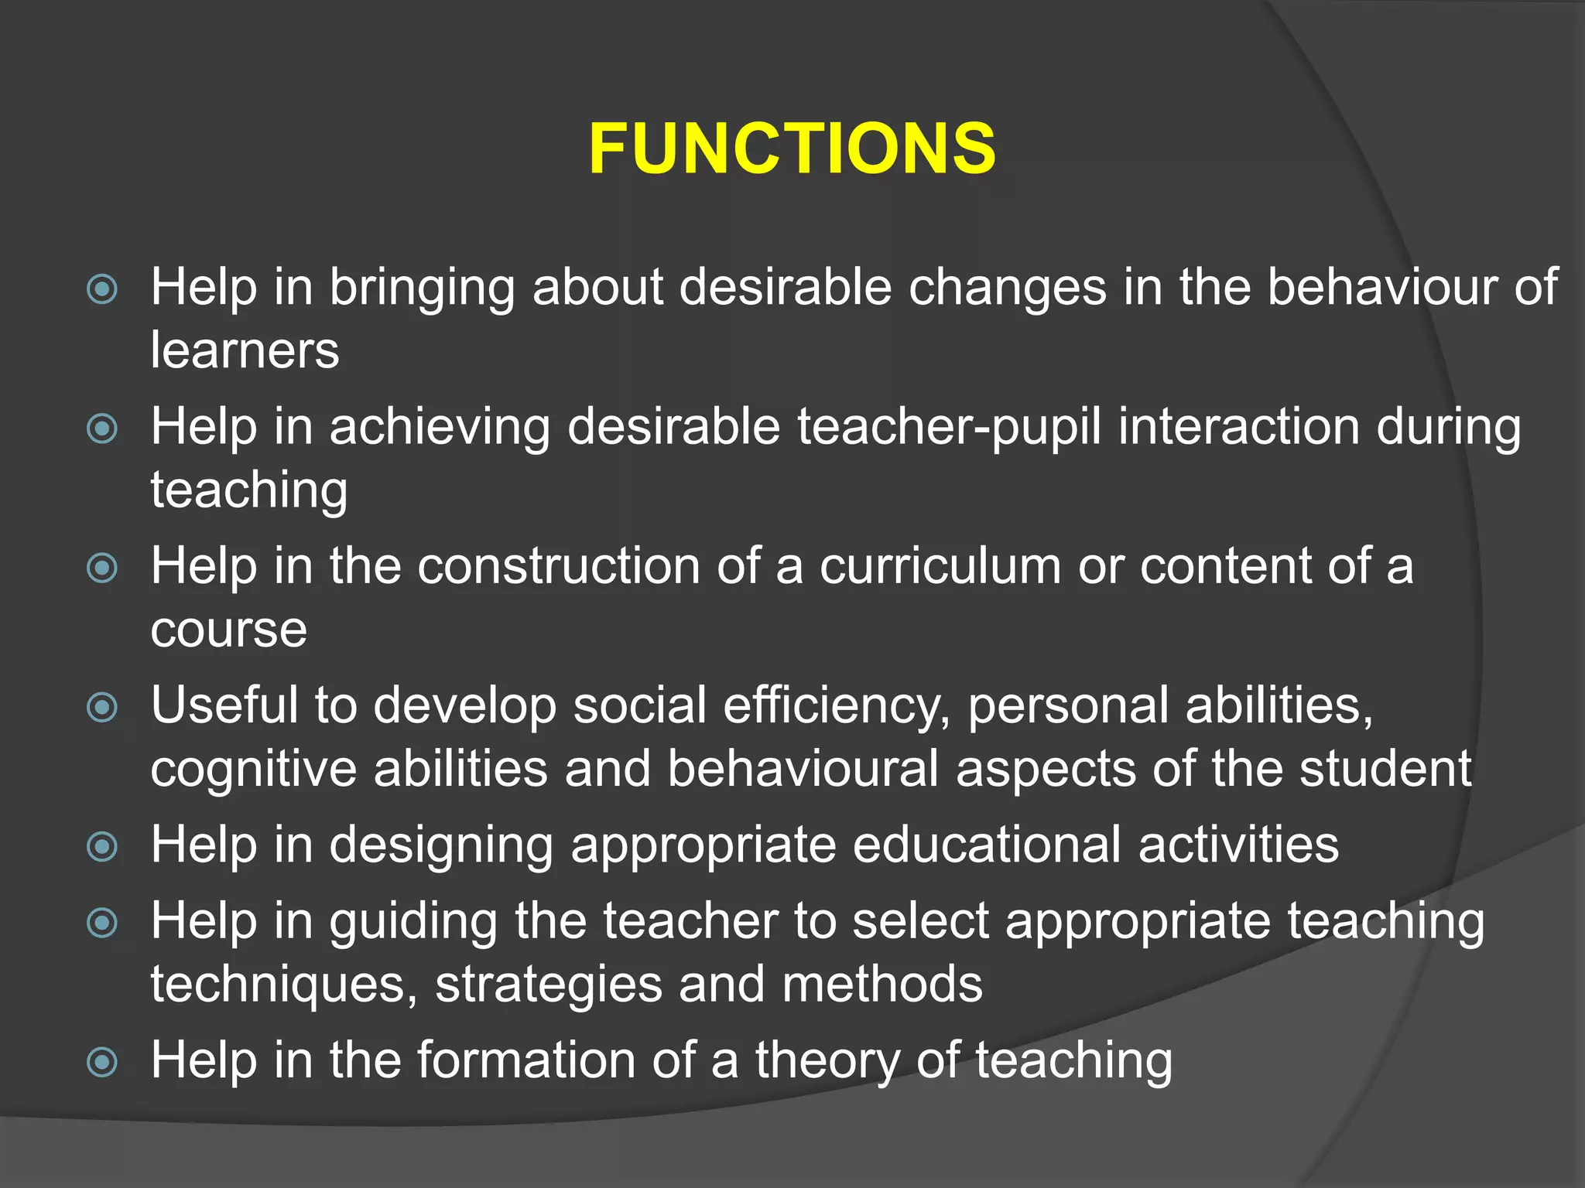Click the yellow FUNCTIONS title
pos(792,148)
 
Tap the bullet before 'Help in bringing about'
pos(102,289)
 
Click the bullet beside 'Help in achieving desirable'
pos(102,428)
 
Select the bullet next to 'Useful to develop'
pos(102,707)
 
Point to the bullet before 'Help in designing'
pos(102,846)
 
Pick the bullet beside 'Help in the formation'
pos(102,1062)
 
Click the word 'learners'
pos(245,350)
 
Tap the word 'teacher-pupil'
pos(949,427)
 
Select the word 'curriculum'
pos(940,566)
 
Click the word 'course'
pos(228,630)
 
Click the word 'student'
pos(1385,769)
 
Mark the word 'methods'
pos(882,984)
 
